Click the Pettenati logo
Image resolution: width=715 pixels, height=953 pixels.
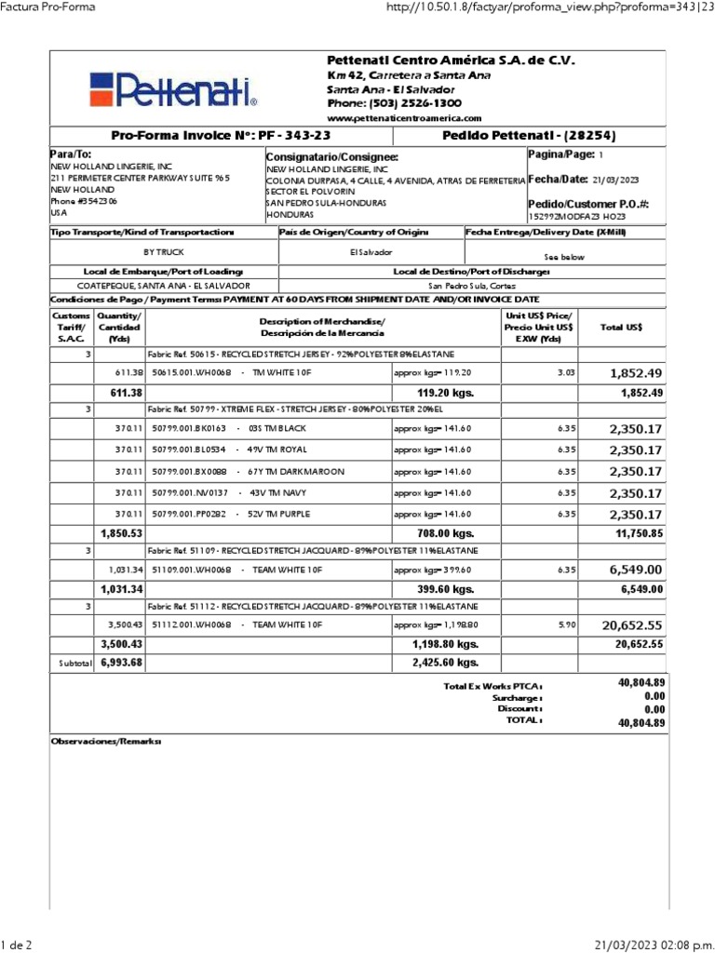[x=173, y=89]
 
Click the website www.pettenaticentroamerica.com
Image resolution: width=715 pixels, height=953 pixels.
[x=404, y=118]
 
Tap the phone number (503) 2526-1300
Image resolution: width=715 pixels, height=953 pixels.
[x=394, y=103]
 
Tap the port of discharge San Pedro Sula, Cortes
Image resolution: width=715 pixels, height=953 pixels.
[x=472, y=286]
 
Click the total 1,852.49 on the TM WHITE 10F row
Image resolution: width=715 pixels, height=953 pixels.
[x=636, y=373]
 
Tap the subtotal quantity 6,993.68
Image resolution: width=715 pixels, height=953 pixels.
[x=121, y=663]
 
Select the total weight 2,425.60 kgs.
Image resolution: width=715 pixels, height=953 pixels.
[x=445, y=663]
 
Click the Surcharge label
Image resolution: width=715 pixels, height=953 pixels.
[x=519, y=696]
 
